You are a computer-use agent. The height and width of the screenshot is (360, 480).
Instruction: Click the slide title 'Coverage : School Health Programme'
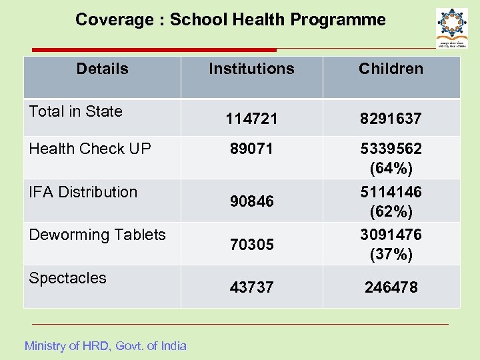click(230, 19)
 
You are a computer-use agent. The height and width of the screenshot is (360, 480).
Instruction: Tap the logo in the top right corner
click(451, 27)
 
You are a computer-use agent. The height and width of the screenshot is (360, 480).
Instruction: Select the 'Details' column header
click(102, 68)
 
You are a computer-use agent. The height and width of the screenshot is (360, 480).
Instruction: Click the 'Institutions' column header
click(251, 69)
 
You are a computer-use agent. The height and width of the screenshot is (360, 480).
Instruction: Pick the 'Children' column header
click(391, 69)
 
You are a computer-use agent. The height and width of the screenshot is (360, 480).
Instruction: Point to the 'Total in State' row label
click(76, 111)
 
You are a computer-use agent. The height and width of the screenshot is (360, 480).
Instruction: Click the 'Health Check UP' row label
click(90, 149)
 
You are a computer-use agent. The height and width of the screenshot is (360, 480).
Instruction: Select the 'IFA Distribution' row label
click(83, 192)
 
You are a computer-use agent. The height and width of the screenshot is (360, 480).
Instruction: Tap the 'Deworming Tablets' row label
click(97, 235)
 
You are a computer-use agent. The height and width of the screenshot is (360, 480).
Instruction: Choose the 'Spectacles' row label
click(67, 278)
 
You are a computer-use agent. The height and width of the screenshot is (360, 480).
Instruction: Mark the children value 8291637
click(391, 119)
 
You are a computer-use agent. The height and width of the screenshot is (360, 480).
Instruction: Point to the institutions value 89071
click(251, 149)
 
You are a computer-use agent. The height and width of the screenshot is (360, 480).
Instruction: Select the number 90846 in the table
click(251, 201)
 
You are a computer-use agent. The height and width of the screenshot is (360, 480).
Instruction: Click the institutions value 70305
click(251, 245)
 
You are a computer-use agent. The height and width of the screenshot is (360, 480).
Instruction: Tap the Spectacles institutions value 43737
click(251, 287)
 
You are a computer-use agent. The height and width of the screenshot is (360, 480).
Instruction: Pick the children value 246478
click(391, 287)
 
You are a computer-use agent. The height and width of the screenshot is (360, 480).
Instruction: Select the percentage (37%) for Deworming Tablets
click(391, 254)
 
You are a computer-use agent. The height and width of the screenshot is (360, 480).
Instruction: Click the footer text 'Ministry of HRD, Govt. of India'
click(105, 345)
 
